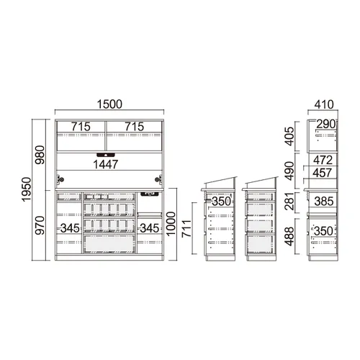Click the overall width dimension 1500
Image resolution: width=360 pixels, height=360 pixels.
click(109, 104)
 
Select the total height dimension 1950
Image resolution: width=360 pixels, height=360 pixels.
click(26, 189)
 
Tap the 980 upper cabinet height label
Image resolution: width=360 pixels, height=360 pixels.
click(40, 155)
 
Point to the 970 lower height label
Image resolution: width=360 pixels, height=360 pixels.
click(40, 225)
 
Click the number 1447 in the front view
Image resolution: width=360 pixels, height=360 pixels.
click(106, 164)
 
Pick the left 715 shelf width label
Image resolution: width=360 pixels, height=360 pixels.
click(81, 127)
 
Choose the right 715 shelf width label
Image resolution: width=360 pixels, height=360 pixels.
click(135, 127)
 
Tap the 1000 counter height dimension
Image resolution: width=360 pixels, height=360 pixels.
click(171, 224)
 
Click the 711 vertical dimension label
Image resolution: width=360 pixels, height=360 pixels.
click(186, 228)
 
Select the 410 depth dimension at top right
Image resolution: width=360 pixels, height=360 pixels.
click(324, 104)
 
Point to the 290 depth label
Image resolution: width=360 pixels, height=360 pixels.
click(325, 124)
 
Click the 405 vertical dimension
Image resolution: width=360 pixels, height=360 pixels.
click(289, 136)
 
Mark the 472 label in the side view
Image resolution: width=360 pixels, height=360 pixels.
click(323, 160)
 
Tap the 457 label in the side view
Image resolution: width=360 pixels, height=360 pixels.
click(323, 173)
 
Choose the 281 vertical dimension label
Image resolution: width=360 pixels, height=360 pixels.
click(289, 201)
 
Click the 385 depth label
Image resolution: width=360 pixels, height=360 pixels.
click(324, 202)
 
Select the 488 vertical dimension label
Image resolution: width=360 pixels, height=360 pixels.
click(289, 236)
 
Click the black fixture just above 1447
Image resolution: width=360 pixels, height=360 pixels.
click(106, 155)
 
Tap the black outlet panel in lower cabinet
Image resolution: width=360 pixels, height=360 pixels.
click(149, 193)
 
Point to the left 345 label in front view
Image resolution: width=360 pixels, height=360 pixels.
click(70, 228)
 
